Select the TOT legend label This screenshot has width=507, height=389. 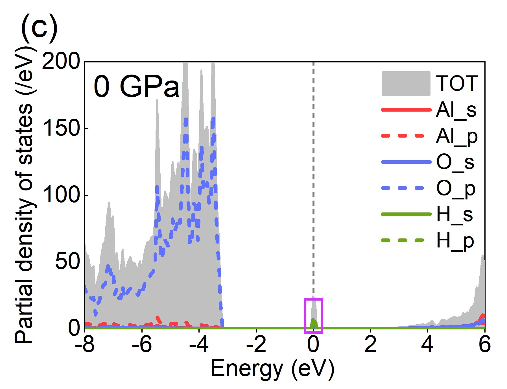[x=456, y=84]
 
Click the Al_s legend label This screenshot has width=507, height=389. [x=456, y=110]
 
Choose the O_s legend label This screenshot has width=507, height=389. [x=455, y=163]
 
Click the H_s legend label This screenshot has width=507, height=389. [x=454, y=215]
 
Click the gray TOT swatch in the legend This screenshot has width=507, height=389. [x=406, y=84]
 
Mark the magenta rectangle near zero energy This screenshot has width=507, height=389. [x=313, y=316]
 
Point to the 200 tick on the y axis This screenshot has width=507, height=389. [x=61, y=62]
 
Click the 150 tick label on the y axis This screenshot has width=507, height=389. [x=61, y=128]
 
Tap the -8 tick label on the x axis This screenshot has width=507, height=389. [x=85, y=345]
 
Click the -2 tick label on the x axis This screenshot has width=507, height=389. [x=256, y=345]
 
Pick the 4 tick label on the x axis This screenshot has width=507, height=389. [x=427, y=345]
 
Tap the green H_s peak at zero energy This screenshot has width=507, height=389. [x=313, y=323]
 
